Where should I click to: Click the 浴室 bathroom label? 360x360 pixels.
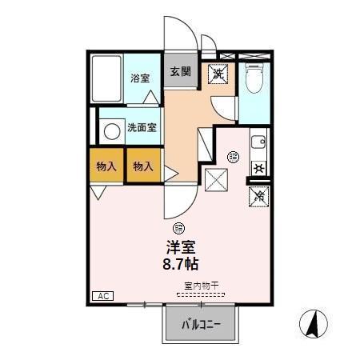pyautogui.click(x=141, y=78)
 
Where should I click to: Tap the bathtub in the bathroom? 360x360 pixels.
pyautogui.click(x=106, y=79)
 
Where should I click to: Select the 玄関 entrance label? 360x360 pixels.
pyautogui.click(x=179, y=71)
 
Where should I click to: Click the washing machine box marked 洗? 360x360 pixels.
pyautogui.click(x=217, y=74)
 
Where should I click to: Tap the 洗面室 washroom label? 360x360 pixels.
pyautogui.click(x=141, y=126)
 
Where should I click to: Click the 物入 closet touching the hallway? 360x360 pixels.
pyautogui.click(x=143, y=166)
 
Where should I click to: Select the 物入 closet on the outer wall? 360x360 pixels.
pyautogui.click(x=106, y=166)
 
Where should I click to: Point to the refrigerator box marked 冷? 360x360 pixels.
pyautogui.click(x=258, y=194)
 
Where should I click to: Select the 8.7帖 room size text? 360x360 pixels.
pyautogui.click(x=182, y=264)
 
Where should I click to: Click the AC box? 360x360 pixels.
pyautogui.click(x=102, y=296)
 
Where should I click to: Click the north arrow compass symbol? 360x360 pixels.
pyautogui.click(x=313, y=324)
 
